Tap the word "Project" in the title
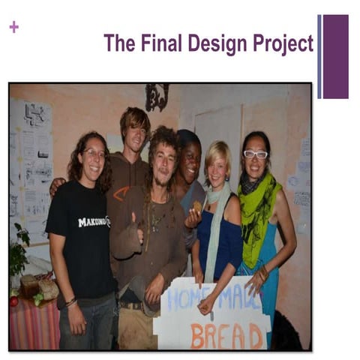[282, 43]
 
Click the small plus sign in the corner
[13, 27]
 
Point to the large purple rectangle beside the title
[335, 56]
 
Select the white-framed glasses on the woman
[255, 154]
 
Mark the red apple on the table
[13, 301]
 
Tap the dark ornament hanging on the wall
[157, 96]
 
